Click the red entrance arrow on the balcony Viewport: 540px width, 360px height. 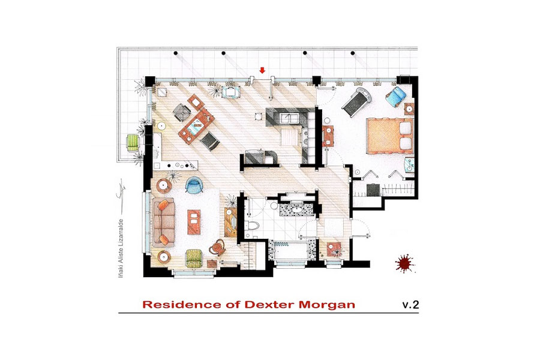tap(262, 70)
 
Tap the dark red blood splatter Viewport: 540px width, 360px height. tap(405, 263)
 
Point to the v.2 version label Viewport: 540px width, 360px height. tap(410, 305)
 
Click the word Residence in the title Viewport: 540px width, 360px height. tap(181, 305)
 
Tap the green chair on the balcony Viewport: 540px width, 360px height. tap(133, 142)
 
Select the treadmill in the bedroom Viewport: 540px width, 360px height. tap(357, 101)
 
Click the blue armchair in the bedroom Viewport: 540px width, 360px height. tap(396, 96)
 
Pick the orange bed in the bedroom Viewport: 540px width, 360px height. tap(389, 136)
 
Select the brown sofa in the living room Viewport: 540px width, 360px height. tap(164, 222)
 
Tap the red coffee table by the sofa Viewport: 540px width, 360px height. tap(194, 222)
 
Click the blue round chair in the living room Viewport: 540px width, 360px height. tap(194, 185)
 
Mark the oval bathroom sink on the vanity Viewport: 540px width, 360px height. tap(296, 209)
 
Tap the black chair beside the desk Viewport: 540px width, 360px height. tap(210, 141)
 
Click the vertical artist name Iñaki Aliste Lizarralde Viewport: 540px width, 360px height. tap(121, 248)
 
